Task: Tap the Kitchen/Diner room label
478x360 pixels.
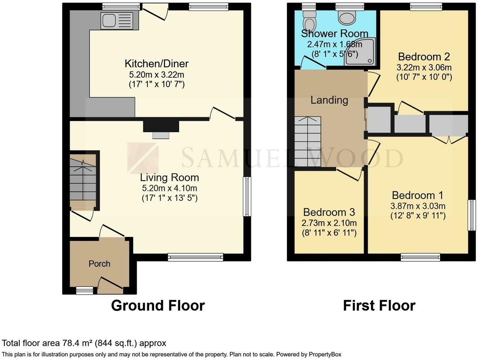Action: click(x=157, y=64)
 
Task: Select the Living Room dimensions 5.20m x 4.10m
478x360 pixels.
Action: click(x=170, y=188)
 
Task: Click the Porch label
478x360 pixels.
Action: click(x=99, y=264)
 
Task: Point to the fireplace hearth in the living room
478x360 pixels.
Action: click(x=161, y=135)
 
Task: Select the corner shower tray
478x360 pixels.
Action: click(x=360, y=51)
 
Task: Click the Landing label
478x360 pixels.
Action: click(x=329, y=100)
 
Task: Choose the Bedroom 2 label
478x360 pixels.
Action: click(x=424, y=57)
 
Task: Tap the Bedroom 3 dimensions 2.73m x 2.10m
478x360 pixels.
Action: click(x=329, y=223)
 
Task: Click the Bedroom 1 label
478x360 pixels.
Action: click(x=418, y=195)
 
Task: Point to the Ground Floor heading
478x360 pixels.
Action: click(x=158, y=306)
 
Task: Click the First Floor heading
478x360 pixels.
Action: click(x=379, y=306)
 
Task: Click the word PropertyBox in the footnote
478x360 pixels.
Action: click(x=325, y=355)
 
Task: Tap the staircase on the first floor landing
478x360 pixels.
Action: click(x=308, y=141)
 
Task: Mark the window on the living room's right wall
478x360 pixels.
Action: click(x=247, y=197)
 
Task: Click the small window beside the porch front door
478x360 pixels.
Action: click(x=85, y=290)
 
